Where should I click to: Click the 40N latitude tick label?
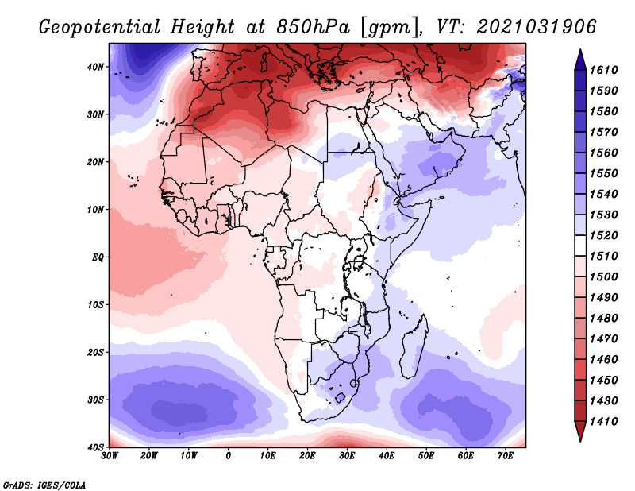pos(95,67)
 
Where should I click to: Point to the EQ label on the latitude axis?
pos(97,257)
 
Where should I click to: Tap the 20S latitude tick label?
pos(95,352)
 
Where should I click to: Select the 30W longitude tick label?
pos(109,456)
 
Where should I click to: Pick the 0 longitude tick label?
pos(229,456)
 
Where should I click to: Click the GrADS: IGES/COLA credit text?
pos(44,484)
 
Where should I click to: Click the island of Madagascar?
pos(414,348)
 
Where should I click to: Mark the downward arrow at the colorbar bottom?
pos(580,432)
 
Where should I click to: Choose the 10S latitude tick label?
pos(95,304)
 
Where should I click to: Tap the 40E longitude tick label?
pos(387,456)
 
